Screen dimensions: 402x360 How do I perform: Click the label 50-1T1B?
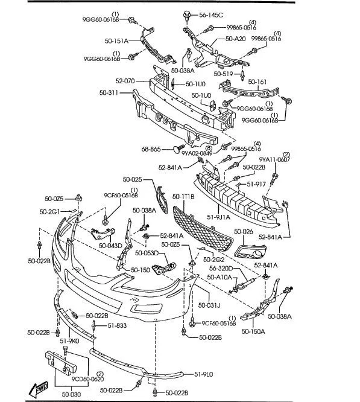click(183, 196)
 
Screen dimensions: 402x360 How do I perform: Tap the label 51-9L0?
click(204, 375)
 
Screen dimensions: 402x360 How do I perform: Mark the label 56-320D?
click(221, 269)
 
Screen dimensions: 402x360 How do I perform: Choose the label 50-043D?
click(111, 245)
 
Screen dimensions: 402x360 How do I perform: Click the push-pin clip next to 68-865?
click(177, 148)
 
